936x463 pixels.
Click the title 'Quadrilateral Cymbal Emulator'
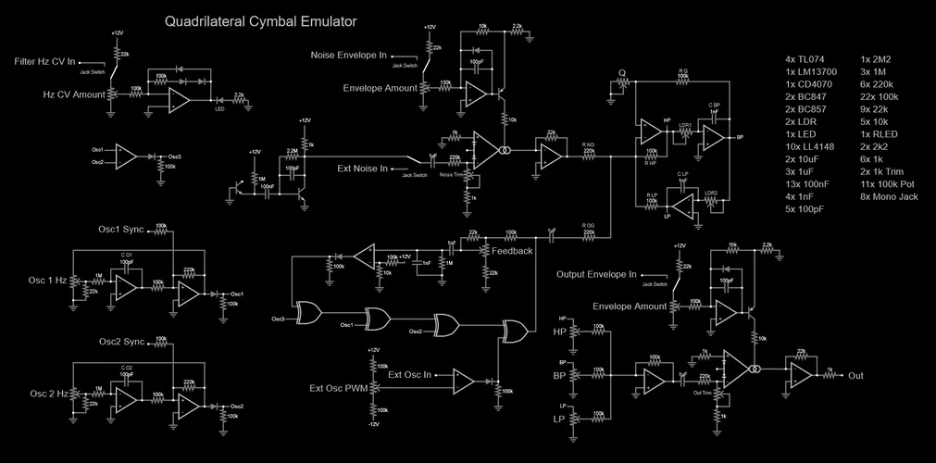tap(260, 20)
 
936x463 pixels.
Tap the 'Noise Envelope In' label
tap(349, 56)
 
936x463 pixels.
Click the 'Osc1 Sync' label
tap(121, 229)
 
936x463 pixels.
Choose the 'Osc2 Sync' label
tap(121, 342)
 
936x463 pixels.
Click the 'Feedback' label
tap(512, 251)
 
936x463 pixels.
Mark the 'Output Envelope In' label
tap(597, 274)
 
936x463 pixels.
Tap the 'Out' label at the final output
tap(855, 376)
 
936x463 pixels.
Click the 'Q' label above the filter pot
tap(622, 72)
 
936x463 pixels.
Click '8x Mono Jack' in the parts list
tap(889, 195)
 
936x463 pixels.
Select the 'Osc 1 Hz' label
tap(48, 281)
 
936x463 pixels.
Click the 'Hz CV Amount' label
tap(74, 94)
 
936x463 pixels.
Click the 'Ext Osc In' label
tap(411, 374)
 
